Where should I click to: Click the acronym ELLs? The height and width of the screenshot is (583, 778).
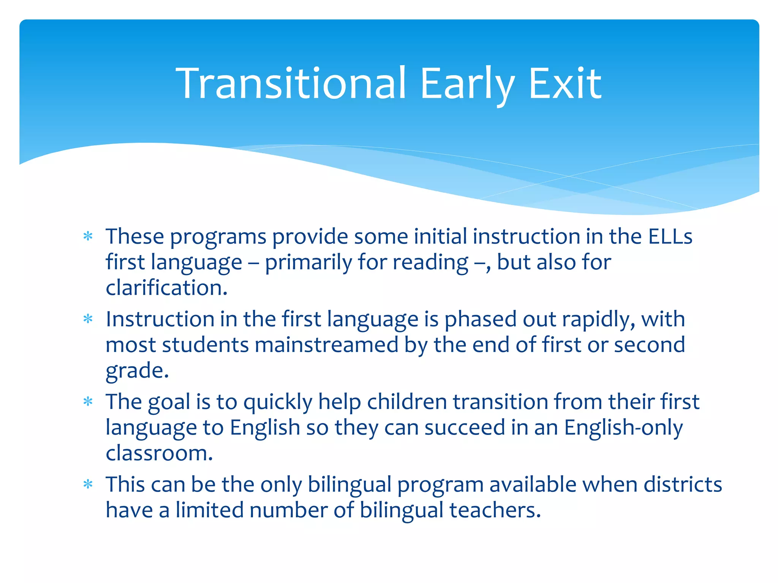click(x=670, y=236)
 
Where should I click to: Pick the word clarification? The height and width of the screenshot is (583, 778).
click(x=166, y=288)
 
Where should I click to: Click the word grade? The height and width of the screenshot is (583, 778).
click(x=137, y=371)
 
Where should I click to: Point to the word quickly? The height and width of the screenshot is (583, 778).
click(x=277, y=402)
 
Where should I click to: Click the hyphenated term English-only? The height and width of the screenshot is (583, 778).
click(x=623, y=428)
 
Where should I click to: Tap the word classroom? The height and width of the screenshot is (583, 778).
click(x=159, y=453)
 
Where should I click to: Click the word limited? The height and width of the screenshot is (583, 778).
click(x=209, y=510)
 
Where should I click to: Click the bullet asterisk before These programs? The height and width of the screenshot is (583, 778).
click(x=88, y=236)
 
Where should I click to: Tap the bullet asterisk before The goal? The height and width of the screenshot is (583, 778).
click(x=88, y=402)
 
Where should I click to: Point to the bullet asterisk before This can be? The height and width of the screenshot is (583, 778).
click(x=88, y=484)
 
